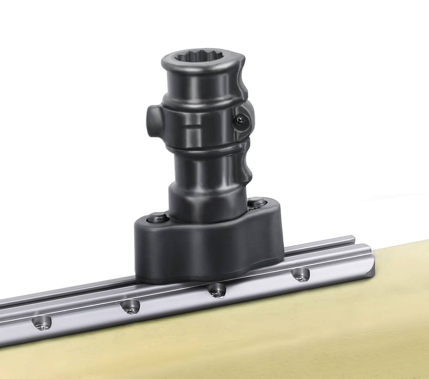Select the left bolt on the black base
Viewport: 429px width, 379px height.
(157, 218)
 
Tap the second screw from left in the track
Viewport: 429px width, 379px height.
(130, 306)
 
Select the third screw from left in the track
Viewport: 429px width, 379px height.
(217, 291)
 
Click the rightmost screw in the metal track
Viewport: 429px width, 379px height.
(301, 275)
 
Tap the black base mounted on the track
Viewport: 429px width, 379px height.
(206, 253)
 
